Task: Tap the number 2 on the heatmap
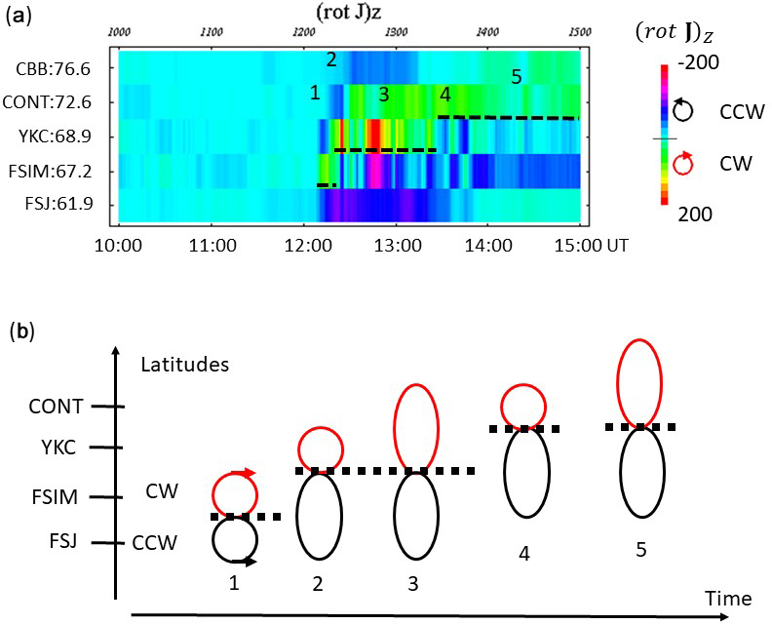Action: click(x=331, y=59)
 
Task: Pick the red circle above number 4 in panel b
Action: click(x=523, y=407)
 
